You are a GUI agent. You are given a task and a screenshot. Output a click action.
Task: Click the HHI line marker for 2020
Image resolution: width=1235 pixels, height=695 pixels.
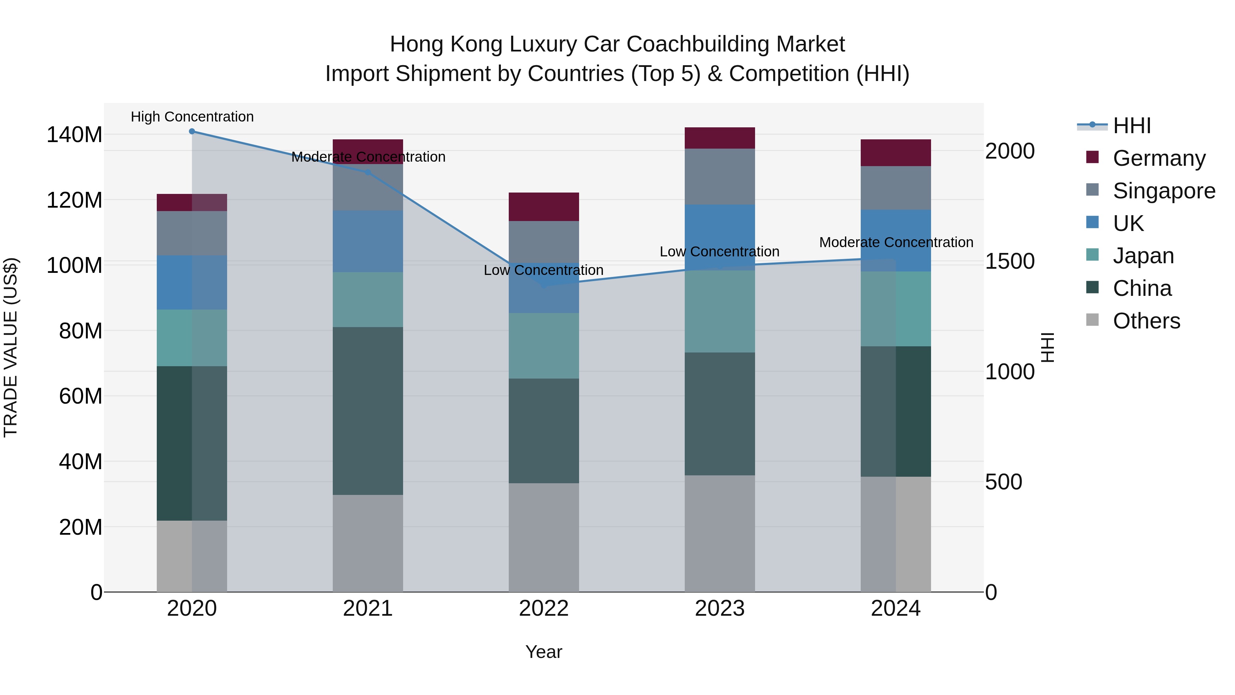coord(192,131)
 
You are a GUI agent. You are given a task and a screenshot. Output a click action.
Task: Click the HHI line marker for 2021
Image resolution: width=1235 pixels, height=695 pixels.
coord(368,172)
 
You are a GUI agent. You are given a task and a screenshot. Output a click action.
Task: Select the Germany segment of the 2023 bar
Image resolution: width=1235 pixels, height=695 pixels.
coord(720,138)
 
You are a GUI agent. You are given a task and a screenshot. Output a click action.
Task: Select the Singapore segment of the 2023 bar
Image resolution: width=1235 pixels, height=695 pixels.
coord(720,176)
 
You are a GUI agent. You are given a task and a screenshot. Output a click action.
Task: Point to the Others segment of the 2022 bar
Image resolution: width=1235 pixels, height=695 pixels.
coord(544,537)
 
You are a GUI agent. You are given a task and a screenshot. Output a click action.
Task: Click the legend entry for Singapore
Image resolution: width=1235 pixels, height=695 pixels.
coord(1164,190)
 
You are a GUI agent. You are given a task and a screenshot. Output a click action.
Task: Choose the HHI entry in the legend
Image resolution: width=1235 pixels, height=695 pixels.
coord(1131,126)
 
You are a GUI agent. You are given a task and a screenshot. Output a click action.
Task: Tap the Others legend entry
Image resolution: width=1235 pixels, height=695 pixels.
coord(1146,321)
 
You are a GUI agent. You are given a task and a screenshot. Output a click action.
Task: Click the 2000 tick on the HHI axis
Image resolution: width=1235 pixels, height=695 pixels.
coord(1010,151)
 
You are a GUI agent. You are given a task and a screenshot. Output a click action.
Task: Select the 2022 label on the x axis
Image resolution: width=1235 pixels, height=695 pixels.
coord(544,609)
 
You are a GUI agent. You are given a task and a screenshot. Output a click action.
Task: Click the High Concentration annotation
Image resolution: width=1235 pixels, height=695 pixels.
coord(192,117)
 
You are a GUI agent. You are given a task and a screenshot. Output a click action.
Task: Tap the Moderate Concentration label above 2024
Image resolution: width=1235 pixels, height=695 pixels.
coord(896,242)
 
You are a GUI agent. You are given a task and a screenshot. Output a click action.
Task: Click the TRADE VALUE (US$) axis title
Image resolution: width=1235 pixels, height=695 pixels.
coord(11,347)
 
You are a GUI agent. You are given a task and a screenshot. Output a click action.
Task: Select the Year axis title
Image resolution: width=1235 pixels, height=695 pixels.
coord(544,652)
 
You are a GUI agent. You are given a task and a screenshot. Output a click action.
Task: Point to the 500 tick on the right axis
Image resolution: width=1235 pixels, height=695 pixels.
coord(1003,482)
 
